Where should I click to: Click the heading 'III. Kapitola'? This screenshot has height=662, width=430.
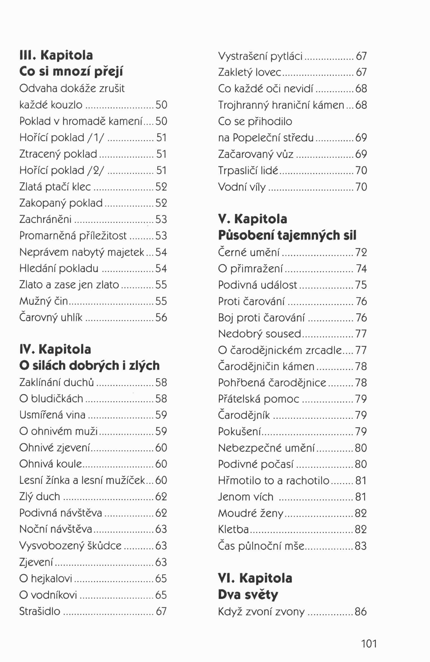click(x=56, y=55)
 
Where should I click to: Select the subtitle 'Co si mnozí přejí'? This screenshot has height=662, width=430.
click(x=71, y=72)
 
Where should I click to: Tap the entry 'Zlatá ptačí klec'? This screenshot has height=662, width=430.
click(x=55, y=187)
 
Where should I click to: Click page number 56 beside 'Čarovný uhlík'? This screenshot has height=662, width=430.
click(x=161, y=317)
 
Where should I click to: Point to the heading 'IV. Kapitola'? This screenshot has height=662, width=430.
click(x=55, y=349)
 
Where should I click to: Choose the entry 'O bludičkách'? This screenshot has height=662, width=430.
click(x=51, y=399)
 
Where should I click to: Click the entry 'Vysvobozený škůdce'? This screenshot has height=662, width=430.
click(x=70, y=546)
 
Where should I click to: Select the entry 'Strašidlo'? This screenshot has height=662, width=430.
click(x=40, y=611)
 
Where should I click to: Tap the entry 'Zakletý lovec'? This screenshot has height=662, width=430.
click(x=250, y=72)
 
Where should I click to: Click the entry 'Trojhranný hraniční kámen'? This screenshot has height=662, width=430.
click(x=281, y=105)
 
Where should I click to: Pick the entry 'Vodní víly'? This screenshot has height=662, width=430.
click(x=242, y=187)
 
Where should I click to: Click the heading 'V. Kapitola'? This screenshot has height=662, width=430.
click(x=252, y=219)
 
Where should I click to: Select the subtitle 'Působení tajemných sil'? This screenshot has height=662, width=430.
click(x=287, y=235)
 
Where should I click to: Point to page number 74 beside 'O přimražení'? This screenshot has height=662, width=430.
click(x=361, y=269)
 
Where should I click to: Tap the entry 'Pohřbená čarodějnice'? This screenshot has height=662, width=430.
click(x=272, y=383)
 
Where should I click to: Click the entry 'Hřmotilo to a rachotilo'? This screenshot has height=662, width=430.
click(x=274, y=480)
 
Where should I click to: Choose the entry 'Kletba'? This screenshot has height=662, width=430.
click(x=233, y=529)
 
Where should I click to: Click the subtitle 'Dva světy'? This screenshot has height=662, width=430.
click(x=248, y=595)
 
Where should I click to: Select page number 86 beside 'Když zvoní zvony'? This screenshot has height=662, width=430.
click(x=361, y=611)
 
